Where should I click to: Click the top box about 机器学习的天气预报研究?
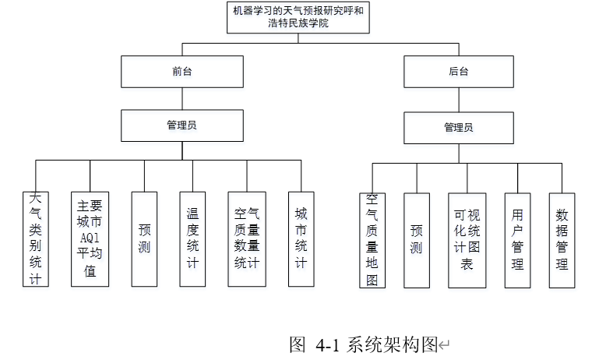tap(298, 18)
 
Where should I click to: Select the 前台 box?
tap(182, 72)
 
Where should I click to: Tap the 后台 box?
tap(459, 72)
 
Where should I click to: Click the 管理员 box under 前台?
tap(182, 125)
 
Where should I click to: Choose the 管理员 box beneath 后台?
tap(459, 128)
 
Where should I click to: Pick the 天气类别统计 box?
tap(36, 239)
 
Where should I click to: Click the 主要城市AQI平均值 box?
tap(90, 239)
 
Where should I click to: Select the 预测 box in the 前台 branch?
tap(144, 239)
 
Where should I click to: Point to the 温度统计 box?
tap(192, 239)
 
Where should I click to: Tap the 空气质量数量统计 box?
tap(247, 239)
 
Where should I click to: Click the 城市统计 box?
tap(301, 239)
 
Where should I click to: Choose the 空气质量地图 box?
tap(372, 240)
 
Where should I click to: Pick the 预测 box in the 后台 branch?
tap(417, 240)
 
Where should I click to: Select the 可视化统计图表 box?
tap(467, 240)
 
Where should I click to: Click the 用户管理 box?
tap(517, 240)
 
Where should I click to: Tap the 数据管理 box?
tap(562, 240)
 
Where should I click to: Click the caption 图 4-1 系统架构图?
tap(363, 344)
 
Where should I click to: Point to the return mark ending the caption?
tap(444, 345)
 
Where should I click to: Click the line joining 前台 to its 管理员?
tap(182, 99)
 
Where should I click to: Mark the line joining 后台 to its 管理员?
tap(459, 100)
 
